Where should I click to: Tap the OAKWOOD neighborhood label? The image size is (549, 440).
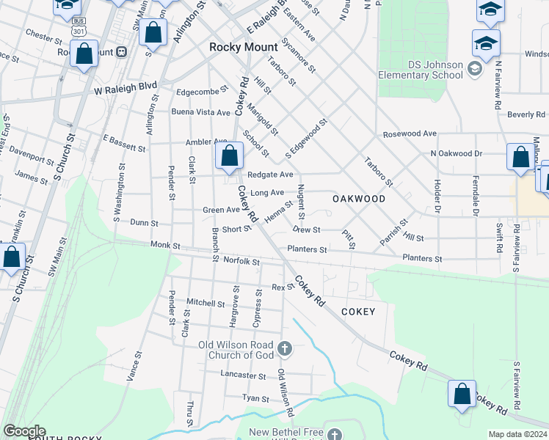click(x=359, y=199)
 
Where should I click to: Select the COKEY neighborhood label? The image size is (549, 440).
click(x=358, y=312)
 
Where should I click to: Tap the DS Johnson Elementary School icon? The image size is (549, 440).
click(x=473, y=69)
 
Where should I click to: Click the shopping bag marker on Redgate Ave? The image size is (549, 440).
click(x=229, y=155)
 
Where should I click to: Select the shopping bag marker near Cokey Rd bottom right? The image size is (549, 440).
click(x=462, y=394)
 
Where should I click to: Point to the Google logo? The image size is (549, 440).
click(x=23, y=431)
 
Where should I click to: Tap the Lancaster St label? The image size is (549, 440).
click(x=243, y=375)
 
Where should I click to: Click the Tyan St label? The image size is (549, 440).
click(x=255, y=397)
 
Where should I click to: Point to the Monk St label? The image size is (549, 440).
click(x=165, y=245)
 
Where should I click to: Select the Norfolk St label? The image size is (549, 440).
click(x=241, y=260)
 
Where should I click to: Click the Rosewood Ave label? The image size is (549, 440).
click(x=410, y=134)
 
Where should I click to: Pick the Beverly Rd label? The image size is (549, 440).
click(x=526, y=114)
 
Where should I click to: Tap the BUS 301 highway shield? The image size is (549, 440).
click(x=79, y=28)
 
